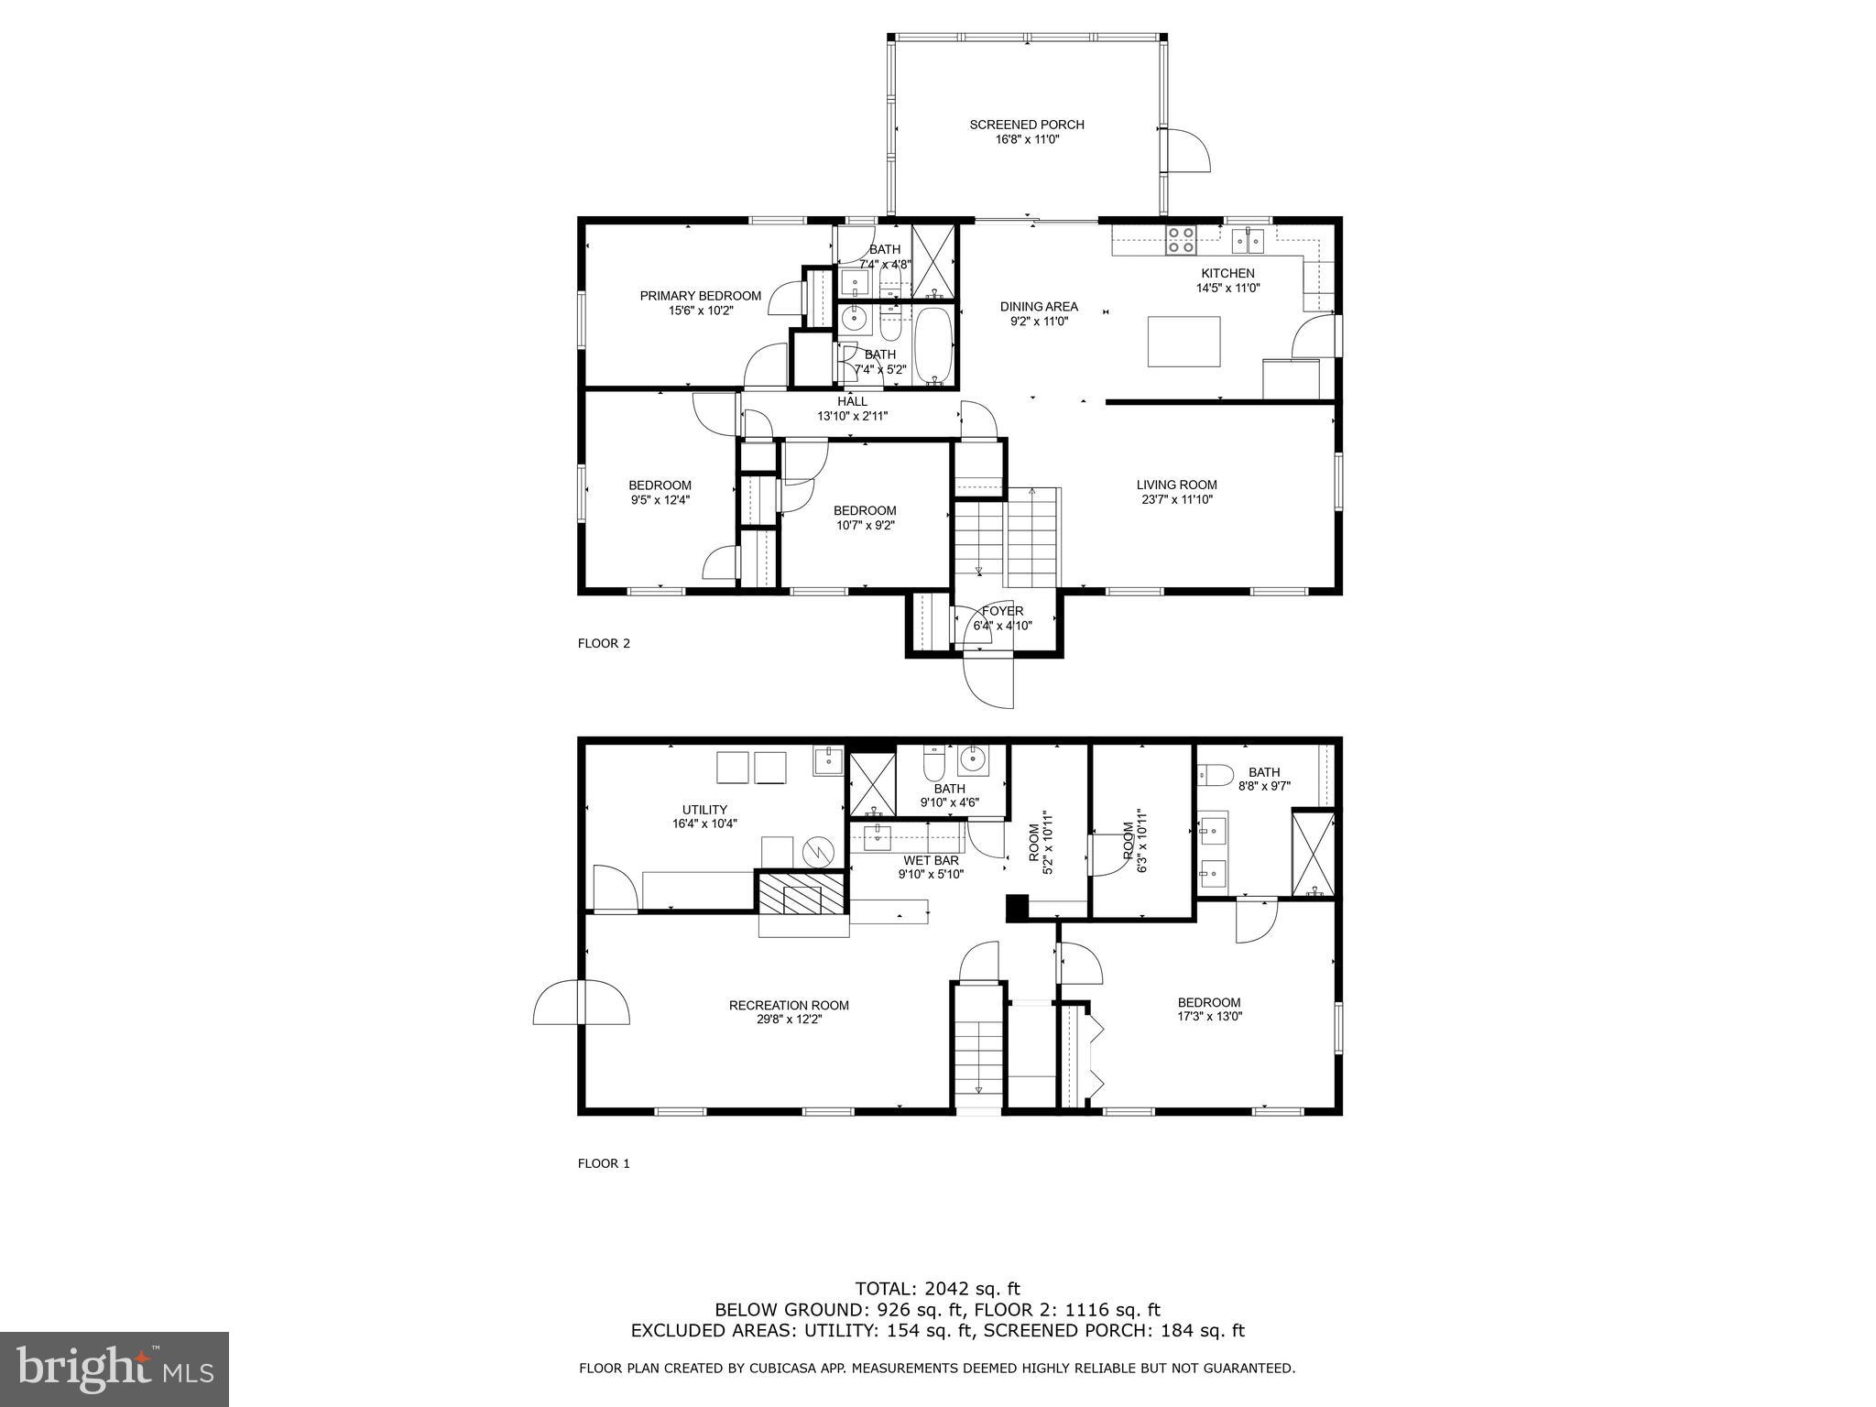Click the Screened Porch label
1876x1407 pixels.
pyautogui.click(x=1026, y=125)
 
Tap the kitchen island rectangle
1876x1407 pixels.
pyautogui.click(x=1183, y=341)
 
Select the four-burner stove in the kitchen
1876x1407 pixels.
pyautogui.click(x=1180, y=240)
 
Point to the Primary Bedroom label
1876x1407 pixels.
pyautogui.click(x=700, y=296)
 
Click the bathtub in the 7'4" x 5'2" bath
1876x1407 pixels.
pyautogui.click(x=934, y=344)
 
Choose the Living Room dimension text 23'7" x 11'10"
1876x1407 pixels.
pyautogui.click(x=1176, y=500)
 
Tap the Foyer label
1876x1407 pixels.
pyautogui.click(x=1002, y=611)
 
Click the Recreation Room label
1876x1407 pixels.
pyautogui.click(x=789, y=1005)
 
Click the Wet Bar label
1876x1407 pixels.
pyautogui.click(x=931, y=860)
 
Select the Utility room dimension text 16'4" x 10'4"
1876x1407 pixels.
pyautogui.click(x=704, y=823)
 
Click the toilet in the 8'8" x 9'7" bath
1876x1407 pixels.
pyautogui.click(x=1211, y=775)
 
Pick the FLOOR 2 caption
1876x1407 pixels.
pyautogui.click(x=604, y=643)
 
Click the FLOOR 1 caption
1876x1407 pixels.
pyautogui.click(x=604, y=1163)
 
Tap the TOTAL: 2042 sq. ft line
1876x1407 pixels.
pyautogui.click(x=937, y=1290)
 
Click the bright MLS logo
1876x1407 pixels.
pyautogui.click(x=115, y=1369)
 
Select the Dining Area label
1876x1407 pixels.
pyautogui.click(x=1038, y=307)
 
